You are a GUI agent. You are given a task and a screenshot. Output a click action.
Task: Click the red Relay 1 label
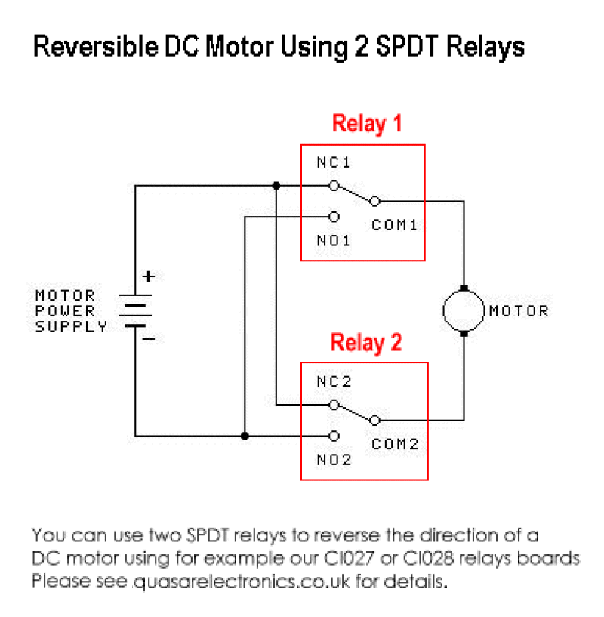367,124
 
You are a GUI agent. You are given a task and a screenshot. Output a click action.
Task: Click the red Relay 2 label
367,343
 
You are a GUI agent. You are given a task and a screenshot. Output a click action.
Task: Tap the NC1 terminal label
333,162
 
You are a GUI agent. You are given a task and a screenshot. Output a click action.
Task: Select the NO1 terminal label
333,241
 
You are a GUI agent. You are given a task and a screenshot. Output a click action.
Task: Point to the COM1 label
394,225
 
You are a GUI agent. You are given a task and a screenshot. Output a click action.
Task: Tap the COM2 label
395,445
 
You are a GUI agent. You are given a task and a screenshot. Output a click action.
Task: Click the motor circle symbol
464,310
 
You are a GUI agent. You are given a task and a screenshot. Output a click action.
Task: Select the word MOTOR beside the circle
519,310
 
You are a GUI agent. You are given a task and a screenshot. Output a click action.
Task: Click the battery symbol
135,310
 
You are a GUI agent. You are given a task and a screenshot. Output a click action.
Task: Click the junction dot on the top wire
276,185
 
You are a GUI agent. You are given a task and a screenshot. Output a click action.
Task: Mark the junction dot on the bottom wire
244,436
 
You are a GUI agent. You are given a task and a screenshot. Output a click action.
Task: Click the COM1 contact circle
375,201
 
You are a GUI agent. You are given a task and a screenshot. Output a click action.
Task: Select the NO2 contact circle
334,436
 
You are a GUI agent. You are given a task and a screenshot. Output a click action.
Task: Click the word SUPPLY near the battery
71,327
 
